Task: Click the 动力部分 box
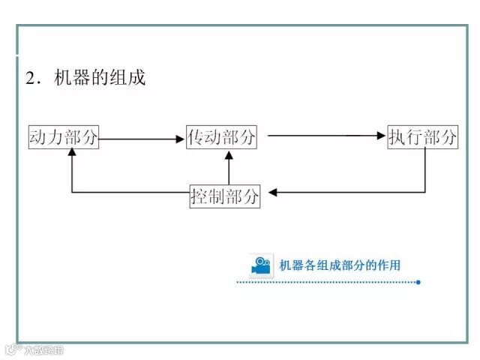[x=64, y=136]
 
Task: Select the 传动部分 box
[x=221, y=136]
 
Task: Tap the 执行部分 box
[x=422, y=136]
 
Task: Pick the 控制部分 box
[x=225, y=196]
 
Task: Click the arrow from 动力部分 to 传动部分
[x=142, y=137]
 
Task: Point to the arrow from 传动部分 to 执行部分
[x=326, y=136]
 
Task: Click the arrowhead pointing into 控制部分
[x=273, y=193]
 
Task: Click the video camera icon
[x=260, y=265]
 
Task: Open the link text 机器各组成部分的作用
[x=340, y=265]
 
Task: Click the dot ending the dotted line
[x=418, y=283]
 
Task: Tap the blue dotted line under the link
[x=326, y=283]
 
